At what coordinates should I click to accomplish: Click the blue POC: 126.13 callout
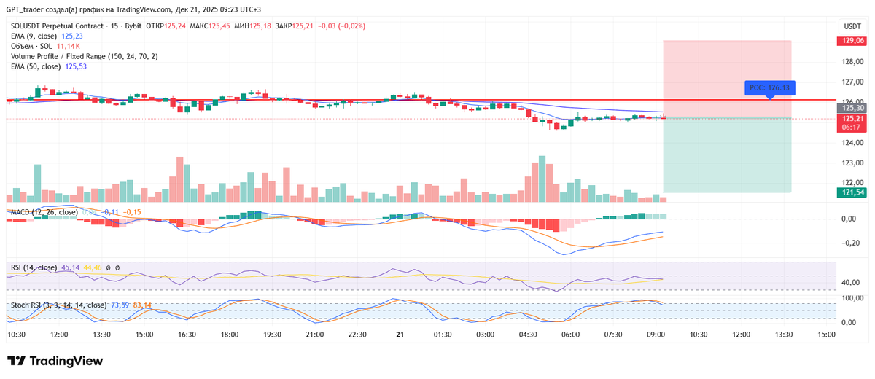pyautogui.click(x=769, y=87)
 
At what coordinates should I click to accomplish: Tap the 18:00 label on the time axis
pyautogui.click(x=230, y=335)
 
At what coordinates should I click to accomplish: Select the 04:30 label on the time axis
pyautogui.click(x=528, y=335)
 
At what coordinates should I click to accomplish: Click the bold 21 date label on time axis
pyautogui.click(x=400, y=335)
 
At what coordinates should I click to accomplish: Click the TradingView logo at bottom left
pyautogui.click(x=55, y=361)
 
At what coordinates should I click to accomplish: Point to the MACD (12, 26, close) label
pyautogui.click(x=44, y=212)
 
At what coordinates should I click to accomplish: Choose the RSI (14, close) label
pyautogui.click(x=34, y=267)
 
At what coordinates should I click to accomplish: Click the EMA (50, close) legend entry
pyautogui.click(x=36, y=66)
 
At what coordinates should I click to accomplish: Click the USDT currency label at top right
pyautogui.click(x=852, y=26)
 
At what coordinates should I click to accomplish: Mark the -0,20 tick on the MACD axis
pyautogui.click(x=848, y=243)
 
